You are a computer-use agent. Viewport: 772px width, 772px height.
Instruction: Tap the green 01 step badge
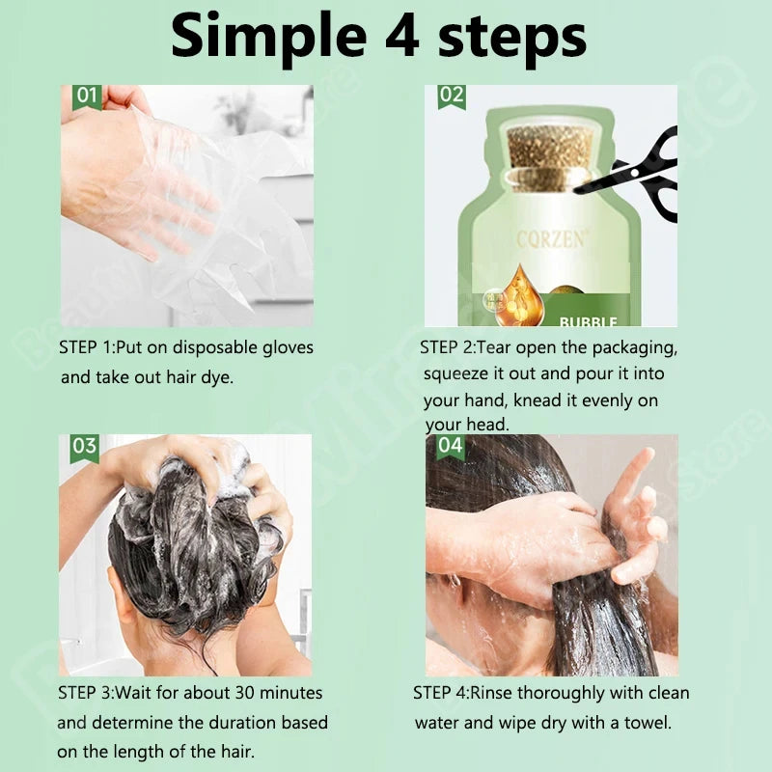(x=86, y=96)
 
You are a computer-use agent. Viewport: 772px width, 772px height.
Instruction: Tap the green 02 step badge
(x=452, y=96)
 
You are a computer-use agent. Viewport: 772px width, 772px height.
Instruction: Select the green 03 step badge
(x=85, y=446)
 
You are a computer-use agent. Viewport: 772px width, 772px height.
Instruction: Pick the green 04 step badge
(x=451, y=446)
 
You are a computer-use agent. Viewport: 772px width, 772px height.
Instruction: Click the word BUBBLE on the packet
(x=588, y=321)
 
